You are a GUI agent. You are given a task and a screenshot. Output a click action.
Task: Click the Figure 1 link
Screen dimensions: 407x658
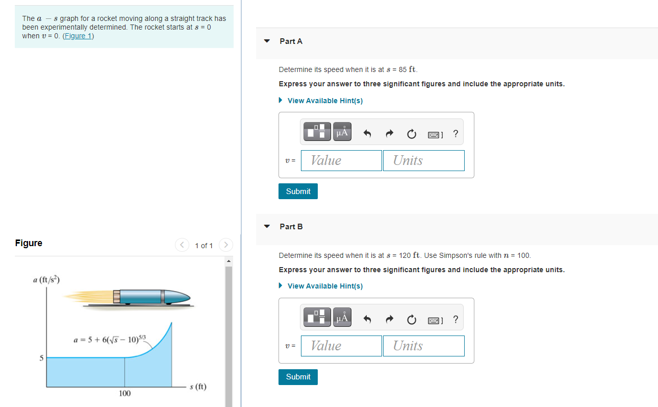pyautogui.click(x=78, y=36)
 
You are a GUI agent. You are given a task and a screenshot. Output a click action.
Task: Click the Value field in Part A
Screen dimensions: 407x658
pyautogui.click(x=341, y=160)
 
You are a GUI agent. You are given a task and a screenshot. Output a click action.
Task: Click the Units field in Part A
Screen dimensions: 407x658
pyautogui.click(x=423, y=160)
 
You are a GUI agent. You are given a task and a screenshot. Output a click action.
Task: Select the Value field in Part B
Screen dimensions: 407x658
pyautogui.click(x=341, y=346)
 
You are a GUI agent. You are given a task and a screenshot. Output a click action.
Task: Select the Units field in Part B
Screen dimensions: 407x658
pyautogui.click(x=423, y=346)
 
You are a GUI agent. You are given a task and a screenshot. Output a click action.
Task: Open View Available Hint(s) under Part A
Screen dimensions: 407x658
pyautogui.click(x=325, y=101)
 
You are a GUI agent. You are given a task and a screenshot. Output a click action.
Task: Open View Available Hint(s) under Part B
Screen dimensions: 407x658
pyautogui.click(x=325, y=286)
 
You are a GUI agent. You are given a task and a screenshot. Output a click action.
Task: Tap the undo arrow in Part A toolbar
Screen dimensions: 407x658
pyautogui.click(x=367, y=134)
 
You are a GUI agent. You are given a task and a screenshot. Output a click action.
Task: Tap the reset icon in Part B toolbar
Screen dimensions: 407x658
pyautogui.click(x=411, y=320)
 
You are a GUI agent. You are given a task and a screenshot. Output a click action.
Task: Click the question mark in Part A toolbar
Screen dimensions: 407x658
pyautogui.click(x=455, y=134)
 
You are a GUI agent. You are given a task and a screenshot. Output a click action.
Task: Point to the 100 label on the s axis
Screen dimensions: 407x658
pyautogui.click(x=124, y=393)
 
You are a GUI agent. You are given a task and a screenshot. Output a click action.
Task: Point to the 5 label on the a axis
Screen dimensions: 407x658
pyautogui.click(x=42, y=357)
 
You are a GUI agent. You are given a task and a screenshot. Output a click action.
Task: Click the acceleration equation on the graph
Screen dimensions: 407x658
pyautogui.click(x=110, y=340)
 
